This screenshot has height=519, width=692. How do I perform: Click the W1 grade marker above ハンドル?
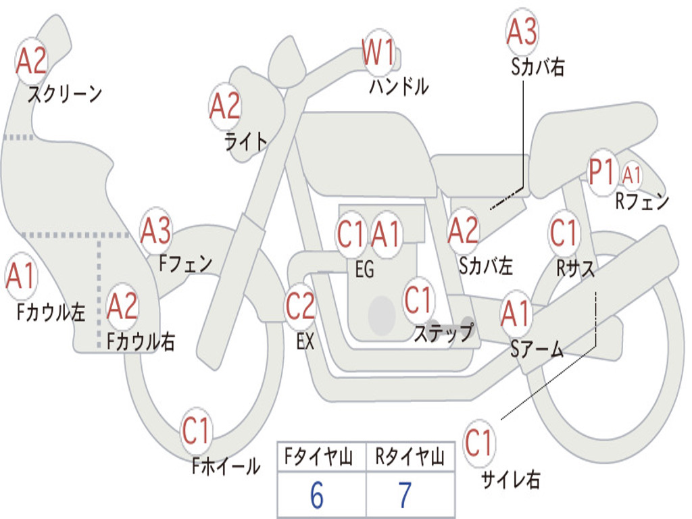click(x=378, y=52)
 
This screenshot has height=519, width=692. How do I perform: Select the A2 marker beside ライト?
click(x=225, y=106)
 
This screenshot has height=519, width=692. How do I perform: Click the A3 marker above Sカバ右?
click(x=522, y=32)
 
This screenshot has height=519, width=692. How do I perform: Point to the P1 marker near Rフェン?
click(x=603, y=172)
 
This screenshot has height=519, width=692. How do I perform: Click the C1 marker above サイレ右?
click(x=479, y=443)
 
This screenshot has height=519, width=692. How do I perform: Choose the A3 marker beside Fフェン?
click(x=156, y=231)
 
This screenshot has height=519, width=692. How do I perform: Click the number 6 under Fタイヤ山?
click(x=317, y=496)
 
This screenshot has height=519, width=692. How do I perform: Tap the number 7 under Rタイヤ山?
click(x=405, y=496)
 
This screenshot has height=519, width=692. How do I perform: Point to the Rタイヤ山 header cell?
click(x=410, y=458)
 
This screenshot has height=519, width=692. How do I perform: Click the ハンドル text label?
click(x=399, y=86)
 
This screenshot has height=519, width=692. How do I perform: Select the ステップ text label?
click(x=443, y=333)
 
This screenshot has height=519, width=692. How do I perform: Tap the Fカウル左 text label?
click(x=51, y=312)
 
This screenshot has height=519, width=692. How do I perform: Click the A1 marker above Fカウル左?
click(x=20, y=276)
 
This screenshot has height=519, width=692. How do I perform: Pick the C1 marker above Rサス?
click(x=564, y=233)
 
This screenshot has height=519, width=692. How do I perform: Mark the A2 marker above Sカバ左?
click(x=464, y=230)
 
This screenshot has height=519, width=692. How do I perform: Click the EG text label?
click(x=364, y=270)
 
